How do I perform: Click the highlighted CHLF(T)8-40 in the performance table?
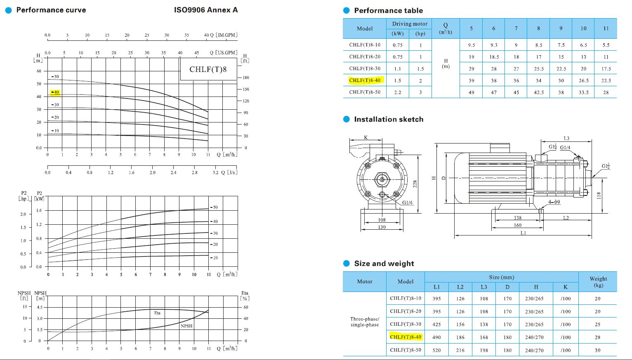[x=365, y=80]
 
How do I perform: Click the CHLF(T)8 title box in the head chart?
[x=208, y=69]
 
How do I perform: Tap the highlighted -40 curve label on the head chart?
[x=55, y=92]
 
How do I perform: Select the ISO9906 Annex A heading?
[x=206, y=10]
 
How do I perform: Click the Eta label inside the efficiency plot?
[x=157, y=313]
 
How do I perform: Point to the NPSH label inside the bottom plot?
[x=186, y=326]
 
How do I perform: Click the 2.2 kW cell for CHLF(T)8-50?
[x=397, y=92]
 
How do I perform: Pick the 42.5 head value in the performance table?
[x=538, y=92]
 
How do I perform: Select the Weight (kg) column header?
[x=598, y=282]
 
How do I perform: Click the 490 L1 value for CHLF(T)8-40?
[x=436, y=337]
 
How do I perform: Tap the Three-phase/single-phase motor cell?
[x=364, y=322]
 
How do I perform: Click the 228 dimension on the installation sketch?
[x=415, y=184]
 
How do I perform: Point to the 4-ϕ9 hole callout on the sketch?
[x=554, y=202]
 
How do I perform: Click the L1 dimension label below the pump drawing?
[x=523, y=233]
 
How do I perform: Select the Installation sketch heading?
[x=389, y=119]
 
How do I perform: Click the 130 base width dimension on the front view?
[x=382, y=227]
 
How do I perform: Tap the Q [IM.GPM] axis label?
[x=221, y=35]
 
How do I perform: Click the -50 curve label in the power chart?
[x=214, y=207]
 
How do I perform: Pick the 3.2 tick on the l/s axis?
[x=215, y=172]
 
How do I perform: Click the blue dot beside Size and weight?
[x=347, y=264]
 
